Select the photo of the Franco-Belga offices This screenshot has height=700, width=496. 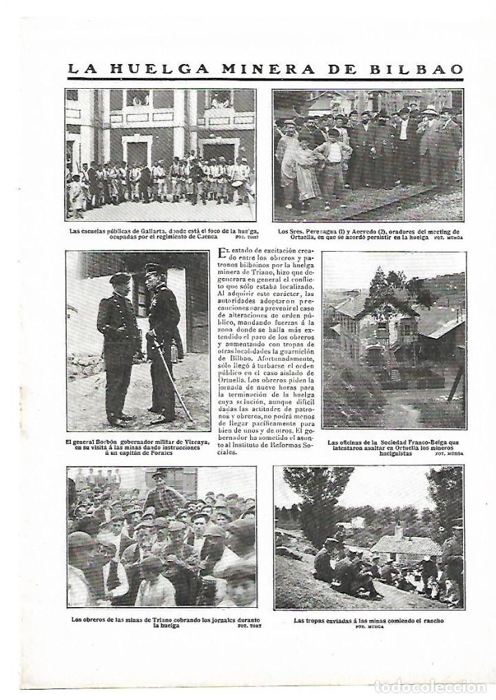pos(393,341)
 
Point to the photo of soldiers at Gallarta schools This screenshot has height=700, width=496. pos(160,155)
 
